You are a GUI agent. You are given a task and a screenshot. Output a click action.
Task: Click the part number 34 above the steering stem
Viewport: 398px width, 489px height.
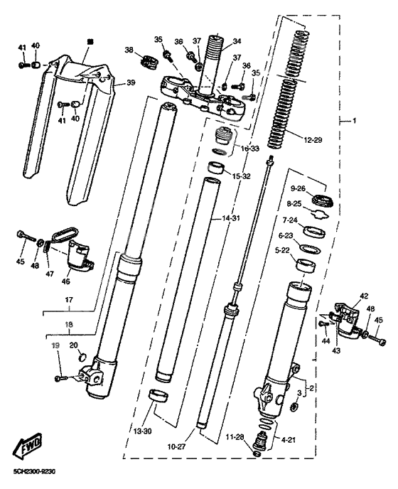(237, 41)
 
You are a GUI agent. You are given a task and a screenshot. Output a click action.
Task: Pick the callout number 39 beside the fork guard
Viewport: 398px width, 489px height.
(130, 83)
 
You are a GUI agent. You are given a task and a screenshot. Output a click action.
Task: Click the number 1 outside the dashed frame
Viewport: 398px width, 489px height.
(355, 121)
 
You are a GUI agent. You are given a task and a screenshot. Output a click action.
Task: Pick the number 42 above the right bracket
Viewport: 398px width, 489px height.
(345, 296)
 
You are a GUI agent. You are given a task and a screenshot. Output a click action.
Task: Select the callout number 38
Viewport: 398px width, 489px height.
(129, 50)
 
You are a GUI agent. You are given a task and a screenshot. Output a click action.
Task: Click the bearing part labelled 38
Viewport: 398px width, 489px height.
(149, 61)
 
